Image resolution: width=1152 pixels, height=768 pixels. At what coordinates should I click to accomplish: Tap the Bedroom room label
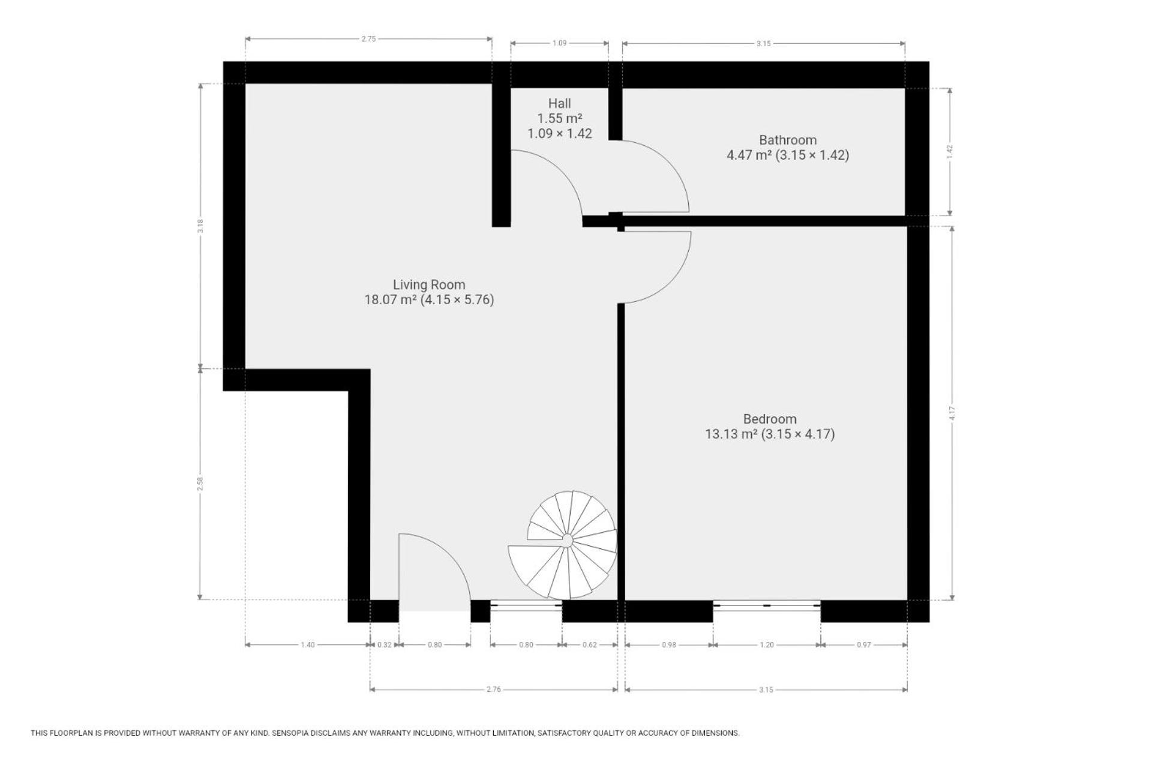pos(770,419)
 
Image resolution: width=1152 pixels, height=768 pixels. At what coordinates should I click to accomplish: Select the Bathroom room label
pos(788,140)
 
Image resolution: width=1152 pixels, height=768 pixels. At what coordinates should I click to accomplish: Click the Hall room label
pos(559,103)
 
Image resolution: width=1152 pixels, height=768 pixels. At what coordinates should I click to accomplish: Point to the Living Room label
pos(429,284)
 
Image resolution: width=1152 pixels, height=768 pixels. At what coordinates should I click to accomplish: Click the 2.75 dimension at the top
pos(368,39)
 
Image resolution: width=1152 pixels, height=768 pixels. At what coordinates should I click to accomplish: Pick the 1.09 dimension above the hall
pos(559,43)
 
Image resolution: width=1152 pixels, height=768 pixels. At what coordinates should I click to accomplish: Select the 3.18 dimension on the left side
pos(200,226)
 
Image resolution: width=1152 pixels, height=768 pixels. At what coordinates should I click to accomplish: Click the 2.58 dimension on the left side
pos(200,484)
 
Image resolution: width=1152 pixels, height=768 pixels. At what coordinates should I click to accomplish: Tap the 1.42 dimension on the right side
pos(949,152)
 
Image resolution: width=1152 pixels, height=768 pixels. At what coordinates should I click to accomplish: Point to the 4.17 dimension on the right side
pos(952,413)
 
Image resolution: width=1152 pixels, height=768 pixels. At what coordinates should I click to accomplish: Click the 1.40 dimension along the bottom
pos(307,645)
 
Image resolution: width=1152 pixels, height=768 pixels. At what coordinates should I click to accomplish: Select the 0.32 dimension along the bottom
pos(384,645)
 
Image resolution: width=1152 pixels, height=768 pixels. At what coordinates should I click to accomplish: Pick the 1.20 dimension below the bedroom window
pos(767,645)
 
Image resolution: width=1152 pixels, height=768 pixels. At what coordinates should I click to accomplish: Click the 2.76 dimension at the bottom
pos(493,689)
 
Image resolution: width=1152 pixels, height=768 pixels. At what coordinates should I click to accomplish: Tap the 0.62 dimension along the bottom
pos(590,645)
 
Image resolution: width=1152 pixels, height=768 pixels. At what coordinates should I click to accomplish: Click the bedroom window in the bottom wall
pos(767,606)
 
